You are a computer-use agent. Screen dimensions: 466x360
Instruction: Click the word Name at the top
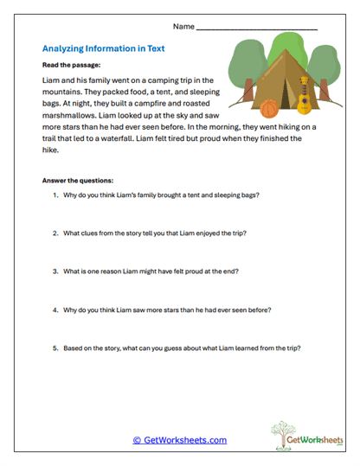tap(183, 27)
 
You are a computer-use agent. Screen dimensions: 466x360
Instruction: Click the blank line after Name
tap(256, 29)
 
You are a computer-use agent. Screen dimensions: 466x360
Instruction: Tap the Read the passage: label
tap(71, 65)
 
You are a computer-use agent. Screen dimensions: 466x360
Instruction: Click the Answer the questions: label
tap(78, 180)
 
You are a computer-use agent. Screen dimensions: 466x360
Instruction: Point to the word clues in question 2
tap(94, 233)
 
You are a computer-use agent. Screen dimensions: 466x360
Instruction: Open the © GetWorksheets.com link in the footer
tap(180, 440)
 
